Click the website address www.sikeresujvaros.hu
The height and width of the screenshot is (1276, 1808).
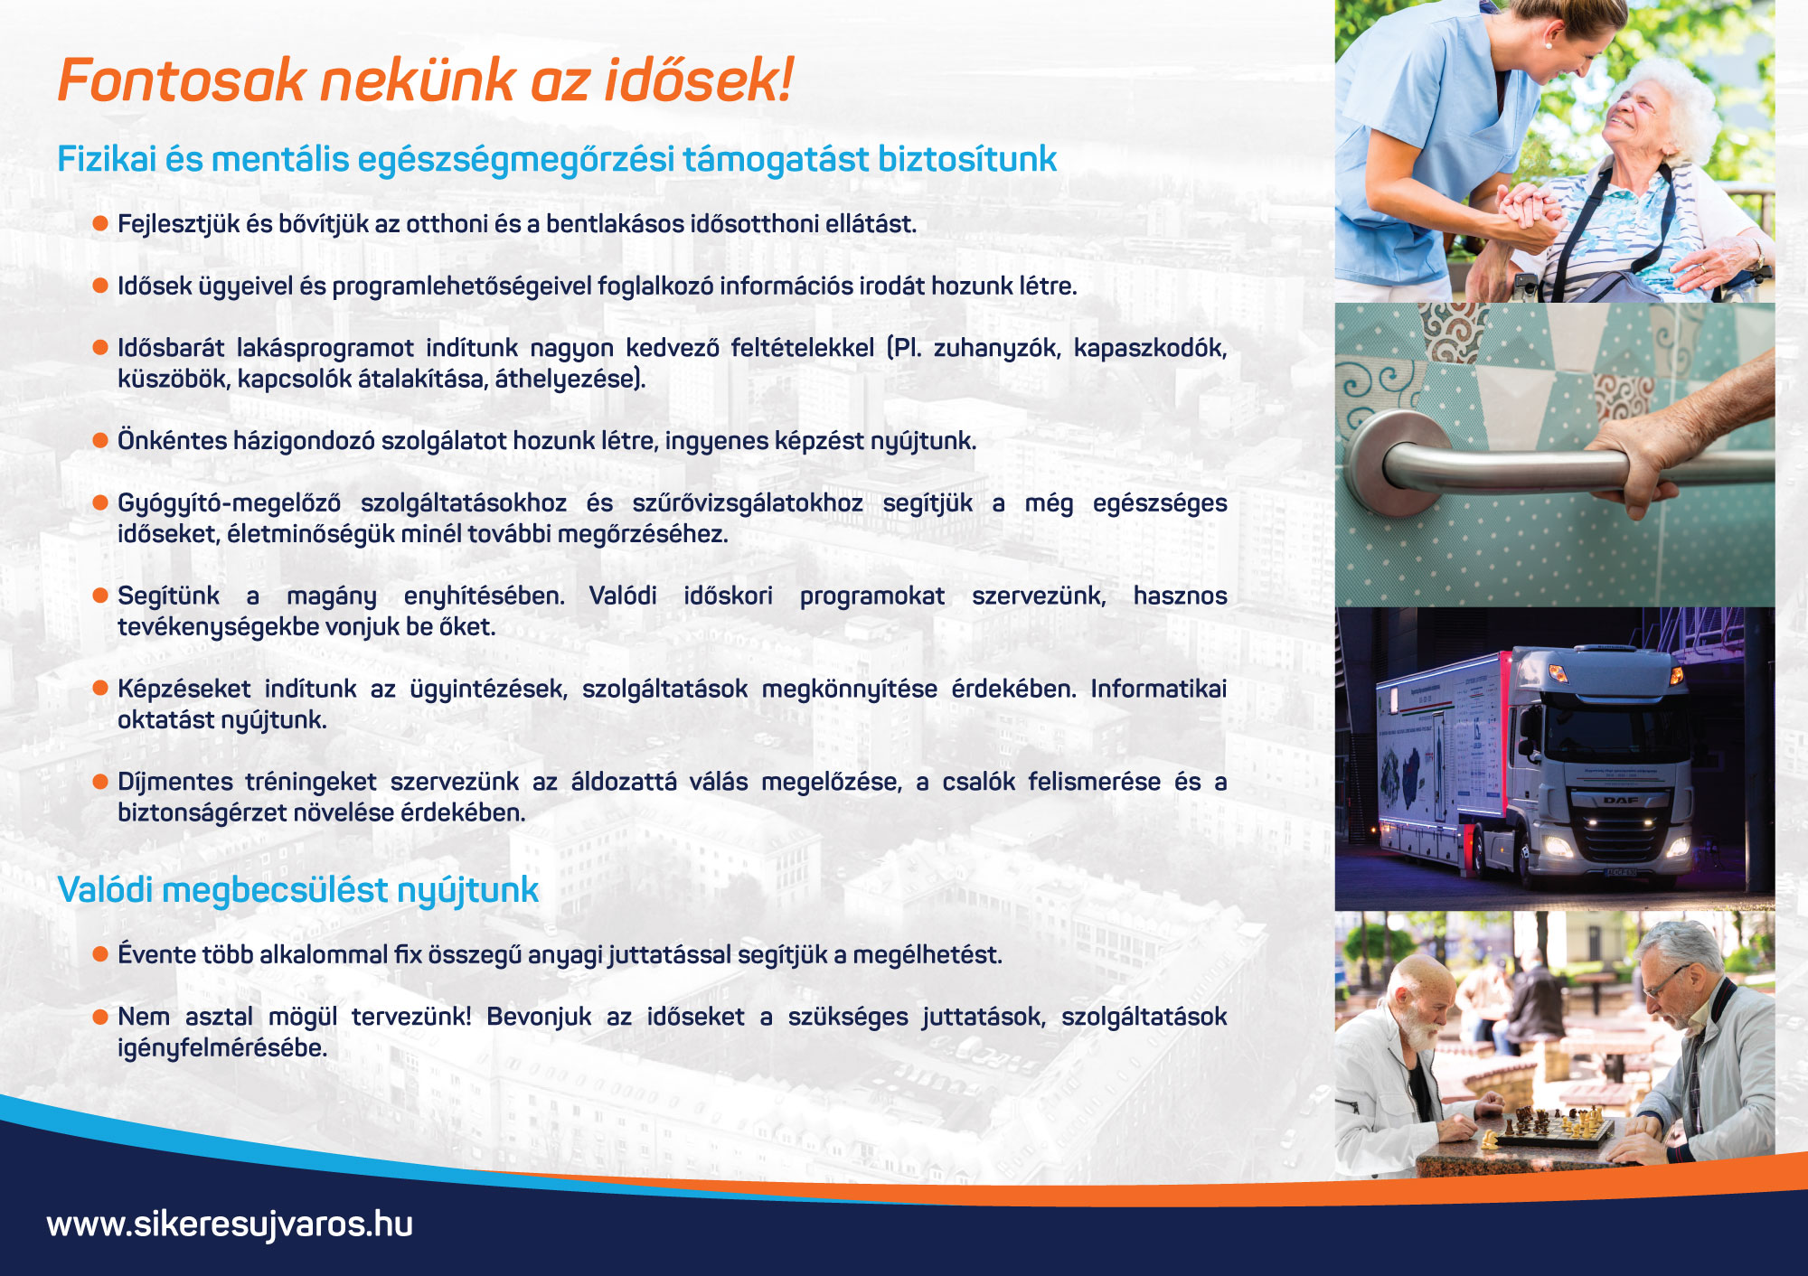(x=230, y=1224)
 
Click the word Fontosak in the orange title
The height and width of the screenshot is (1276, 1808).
(x=182, y=80)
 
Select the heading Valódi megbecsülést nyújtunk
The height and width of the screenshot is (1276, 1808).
(x=298, y=890)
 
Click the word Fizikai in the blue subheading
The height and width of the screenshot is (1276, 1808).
(x=107, y=159)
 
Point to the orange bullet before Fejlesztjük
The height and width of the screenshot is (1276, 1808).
(x=100, y=223)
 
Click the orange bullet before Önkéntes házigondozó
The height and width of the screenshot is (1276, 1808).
(x=100, y=440)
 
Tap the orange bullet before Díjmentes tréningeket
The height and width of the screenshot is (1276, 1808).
(x=100, y=781)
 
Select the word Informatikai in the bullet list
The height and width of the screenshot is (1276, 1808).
(x=1158, y=689)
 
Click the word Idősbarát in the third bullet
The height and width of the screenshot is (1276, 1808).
(x=171, y=348)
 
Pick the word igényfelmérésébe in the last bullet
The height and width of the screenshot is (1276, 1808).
(x=222, y=1048)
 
